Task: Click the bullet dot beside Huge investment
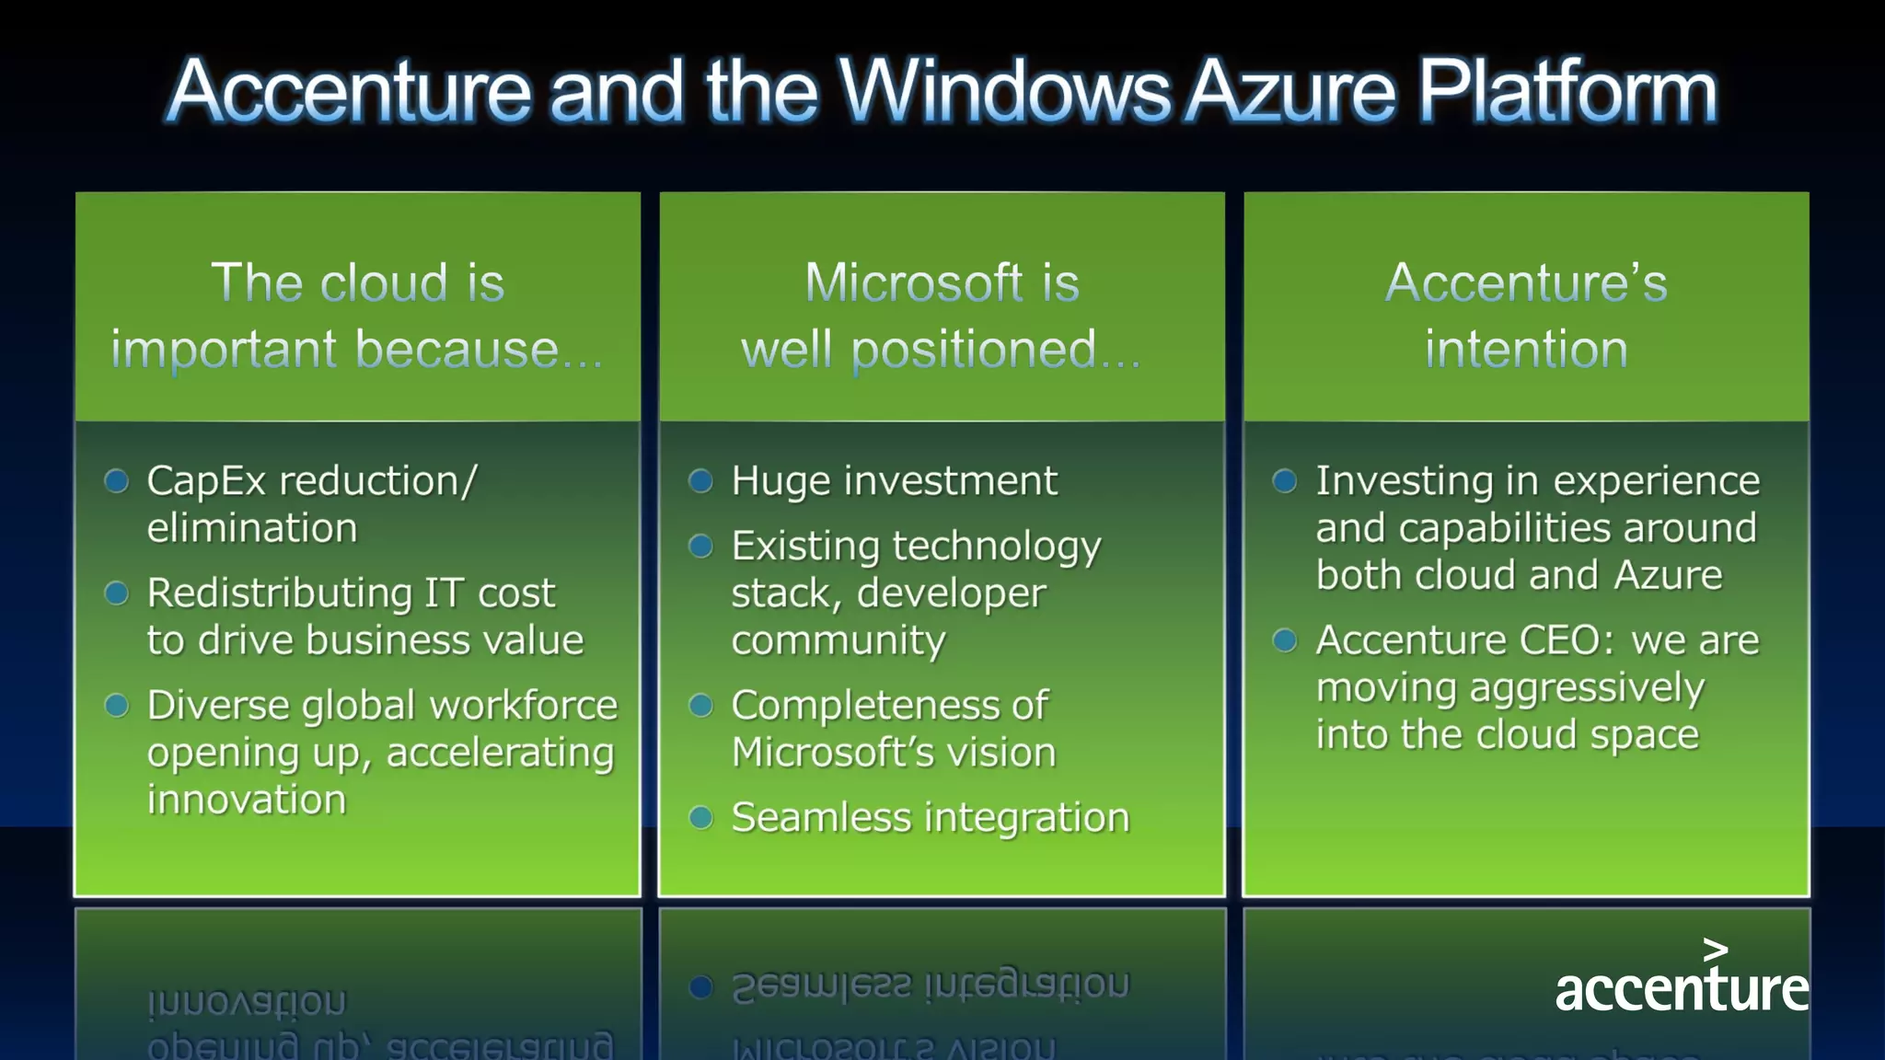700,480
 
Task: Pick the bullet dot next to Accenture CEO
1285,639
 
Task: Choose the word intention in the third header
1526,350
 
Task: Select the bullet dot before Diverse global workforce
117,705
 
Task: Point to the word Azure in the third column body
1668,575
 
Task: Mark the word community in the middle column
838,640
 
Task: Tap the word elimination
251,528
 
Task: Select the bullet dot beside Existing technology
700,546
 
